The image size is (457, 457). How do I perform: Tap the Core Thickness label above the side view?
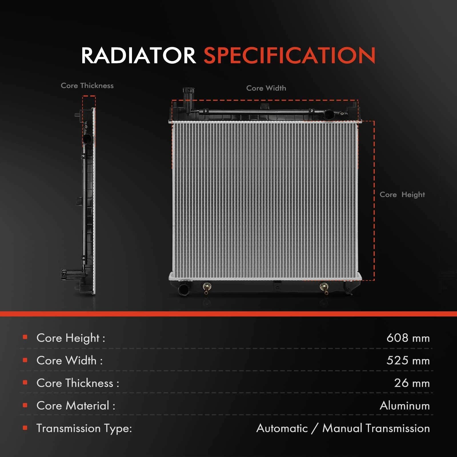(x=87, y=85)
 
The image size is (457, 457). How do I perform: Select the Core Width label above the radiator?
(x=266, y=88)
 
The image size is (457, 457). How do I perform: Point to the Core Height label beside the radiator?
(x=402, y=195)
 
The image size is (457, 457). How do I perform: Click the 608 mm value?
(x=408, y=338)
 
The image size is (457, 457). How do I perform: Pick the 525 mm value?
(x=408, y=360)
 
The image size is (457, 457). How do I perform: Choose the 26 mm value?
(x=412, y=383)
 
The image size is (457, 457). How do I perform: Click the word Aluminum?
(x=405, y=406)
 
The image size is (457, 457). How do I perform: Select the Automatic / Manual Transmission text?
(x=343, y=428)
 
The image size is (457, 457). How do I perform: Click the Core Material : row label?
(x=76, y=406)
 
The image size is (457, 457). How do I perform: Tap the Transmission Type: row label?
(x=84, y=428)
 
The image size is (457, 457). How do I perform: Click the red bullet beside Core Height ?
(x=25, y=337)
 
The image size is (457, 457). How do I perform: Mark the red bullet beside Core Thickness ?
(x=25, y=382)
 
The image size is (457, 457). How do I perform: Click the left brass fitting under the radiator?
(x=207, y=288)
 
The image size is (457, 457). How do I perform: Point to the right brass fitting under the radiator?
(x=324, y=288)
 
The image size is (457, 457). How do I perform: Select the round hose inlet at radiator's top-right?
(x=328, y=115)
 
